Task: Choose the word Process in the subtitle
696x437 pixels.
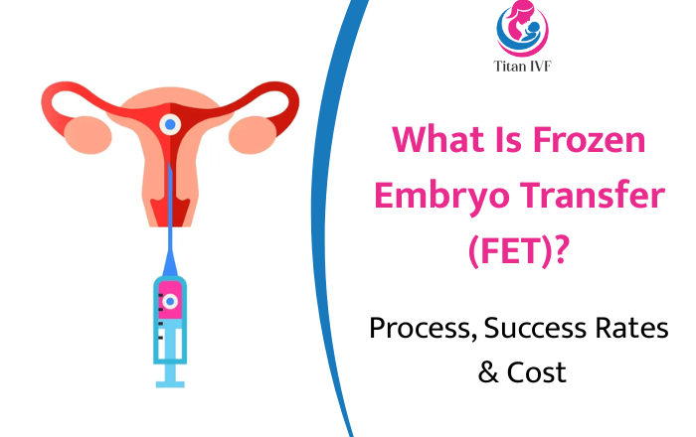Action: click(x=417, y=329)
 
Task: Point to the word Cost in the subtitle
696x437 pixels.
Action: click(x=536, y=372)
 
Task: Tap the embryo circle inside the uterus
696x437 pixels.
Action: click(x=170, y=125)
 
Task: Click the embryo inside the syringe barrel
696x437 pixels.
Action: click(x=170, y=300)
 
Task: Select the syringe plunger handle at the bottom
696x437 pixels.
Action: click(x=170, y=377)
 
